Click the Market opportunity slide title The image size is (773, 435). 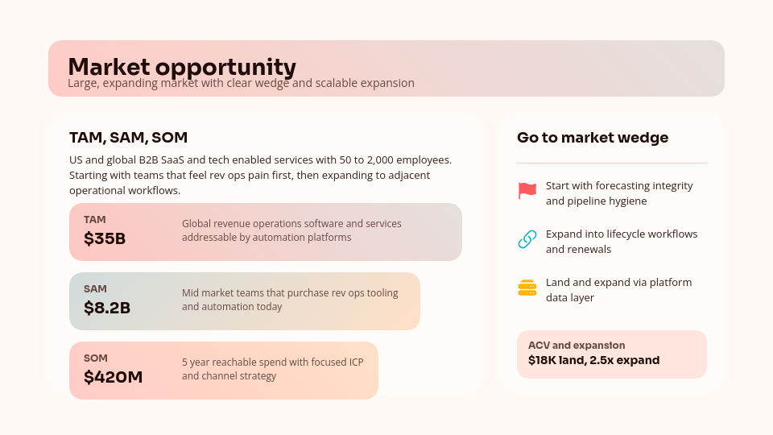(x=181, y=66)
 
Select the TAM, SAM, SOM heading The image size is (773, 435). (x=128, y=138)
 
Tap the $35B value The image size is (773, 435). (x=105, y=239)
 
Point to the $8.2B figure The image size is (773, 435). (x=107, y=309)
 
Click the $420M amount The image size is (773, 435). (x=113, y=377)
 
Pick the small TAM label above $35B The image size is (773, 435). (x=94, y=220)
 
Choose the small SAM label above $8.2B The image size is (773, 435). (x=95, y=289)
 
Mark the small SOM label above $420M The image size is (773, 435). (x=95, y=358)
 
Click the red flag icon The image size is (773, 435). (x=527, y=191)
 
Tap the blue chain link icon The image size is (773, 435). (x=527, y=239)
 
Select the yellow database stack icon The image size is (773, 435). (x=527, y=288)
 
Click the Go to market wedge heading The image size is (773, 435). (x=593, y=138)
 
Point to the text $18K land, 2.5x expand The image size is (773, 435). (x=593, y=360)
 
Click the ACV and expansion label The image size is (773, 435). (x=577, y=346)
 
